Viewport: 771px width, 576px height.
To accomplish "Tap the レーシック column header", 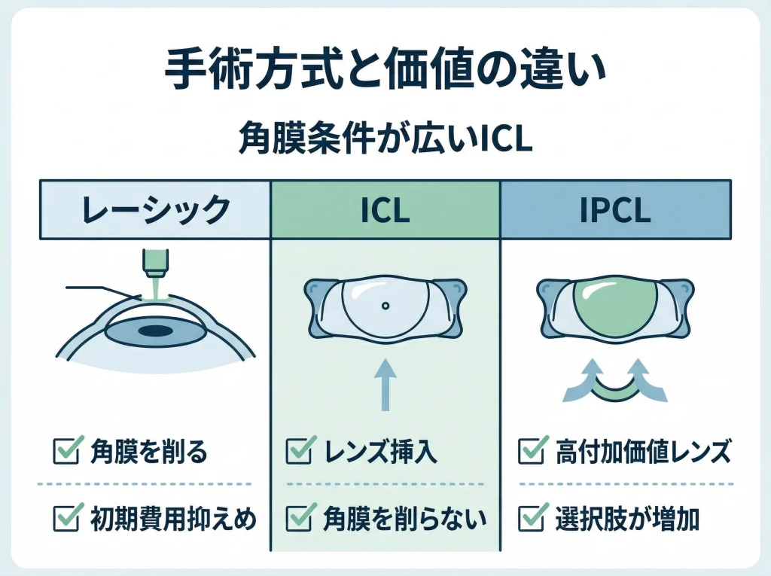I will point(154,209).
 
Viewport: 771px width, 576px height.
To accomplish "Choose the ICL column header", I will point(385,209).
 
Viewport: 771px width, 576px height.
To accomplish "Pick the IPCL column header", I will point(615,209).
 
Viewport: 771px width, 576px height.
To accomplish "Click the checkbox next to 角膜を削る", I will point(63,453).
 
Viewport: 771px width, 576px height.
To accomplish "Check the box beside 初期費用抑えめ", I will point(63,518).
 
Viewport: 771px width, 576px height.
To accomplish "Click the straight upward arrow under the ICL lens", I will point(385,384).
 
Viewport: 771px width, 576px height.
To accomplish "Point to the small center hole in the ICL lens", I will point(385,306).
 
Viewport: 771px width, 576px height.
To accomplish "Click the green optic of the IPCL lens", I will point(615,305).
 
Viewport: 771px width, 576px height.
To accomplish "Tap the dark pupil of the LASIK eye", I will point(154,331).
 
